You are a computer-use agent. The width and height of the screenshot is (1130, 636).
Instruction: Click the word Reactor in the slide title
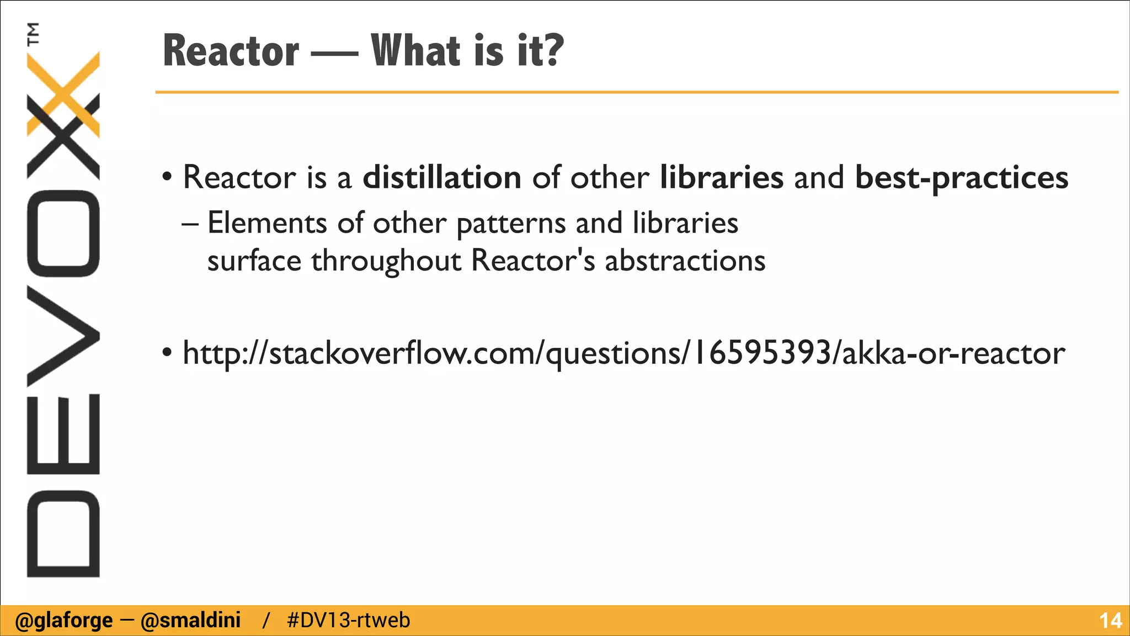(x=231, y=51)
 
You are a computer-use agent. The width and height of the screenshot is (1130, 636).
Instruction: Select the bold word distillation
(x=442, y=177)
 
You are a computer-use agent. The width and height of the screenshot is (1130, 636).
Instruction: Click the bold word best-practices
(x=962, y=178)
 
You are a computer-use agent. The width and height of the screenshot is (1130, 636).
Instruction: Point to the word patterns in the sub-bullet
(x=511, y=224)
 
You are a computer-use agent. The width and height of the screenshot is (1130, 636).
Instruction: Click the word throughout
(x=386, y=261)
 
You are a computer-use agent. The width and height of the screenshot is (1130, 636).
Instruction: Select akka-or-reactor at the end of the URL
(x=954, y=353)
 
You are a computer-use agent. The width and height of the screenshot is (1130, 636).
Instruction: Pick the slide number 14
(x=1110, y=621)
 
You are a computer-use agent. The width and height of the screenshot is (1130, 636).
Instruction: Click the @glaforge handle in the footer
(x=63, y=621)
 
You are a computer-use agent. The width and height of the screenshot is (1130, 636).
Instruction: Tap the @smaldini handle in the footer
(x=190, y=621)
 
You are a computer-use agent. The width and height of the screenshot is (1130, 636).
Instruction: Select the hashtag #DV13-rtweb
(x=349, y=621)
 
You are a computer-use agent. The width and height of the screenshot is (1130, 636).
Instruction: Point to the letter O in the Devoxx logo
(x=63, y=233)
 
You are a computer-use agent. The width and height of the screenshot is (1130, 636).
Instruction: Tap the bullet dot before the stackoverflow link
(x=167, y=353)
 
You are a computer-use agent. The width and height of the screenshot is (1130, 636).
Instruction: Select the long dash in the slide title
(x=334, y=54)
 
